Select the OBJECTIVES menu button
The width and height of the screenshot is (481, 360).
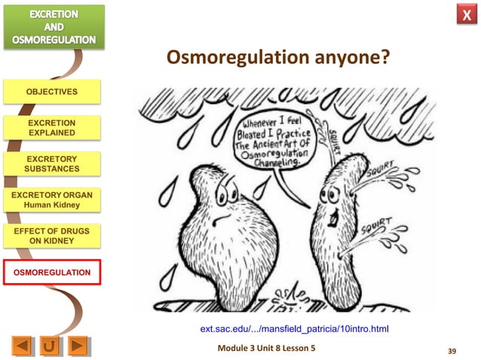point(51,92)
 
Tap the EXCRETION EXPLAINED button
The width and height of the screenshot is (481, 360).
point(51,127)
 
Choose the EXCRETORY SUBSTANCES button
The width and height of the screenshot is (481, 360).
point(51,163)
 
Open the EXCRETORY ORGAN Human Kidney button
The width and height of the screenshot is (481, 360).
point(51,199)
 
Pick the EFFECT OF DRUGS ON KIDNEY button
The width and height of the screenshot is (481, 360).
point(51,235)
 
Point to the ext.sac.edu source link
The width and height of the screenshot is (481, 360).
point(293,329)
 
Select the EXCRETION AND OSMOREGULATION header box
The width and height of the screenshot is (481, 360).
point(52,26)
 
